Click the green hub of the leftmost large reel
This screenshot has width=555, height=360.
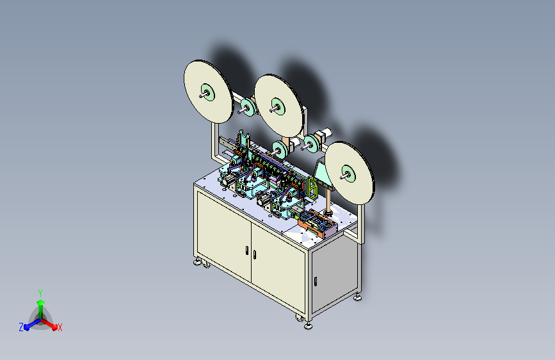[208, 92]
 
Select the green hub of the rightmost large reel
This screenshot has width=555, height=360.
[349, 174]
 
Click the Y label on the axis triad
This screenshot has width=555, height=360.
[40, 293]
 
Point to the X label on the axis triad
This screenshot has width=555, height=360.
[60, 327]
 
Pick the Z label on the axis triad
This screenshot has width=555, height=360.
[21, 327]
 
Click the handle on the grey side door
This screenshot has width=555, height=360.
[316, 281]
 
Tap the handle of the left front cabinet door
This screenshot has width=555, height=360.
[246, 250]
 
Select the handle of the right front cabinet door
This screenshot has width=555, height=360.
[255, 254]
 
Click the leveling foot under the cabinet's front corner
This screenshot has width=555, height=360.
[309, 325]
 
